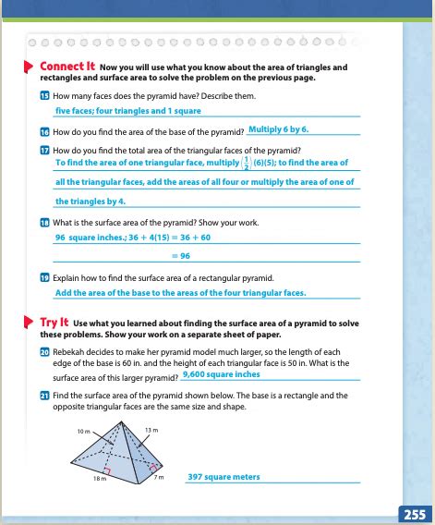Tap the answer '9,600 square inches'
(x=222, y=374)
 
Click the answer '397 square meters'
(x=224, y=477)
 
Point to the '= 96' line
(x=185, y=255)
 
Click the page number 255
(x=412, y=513)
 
